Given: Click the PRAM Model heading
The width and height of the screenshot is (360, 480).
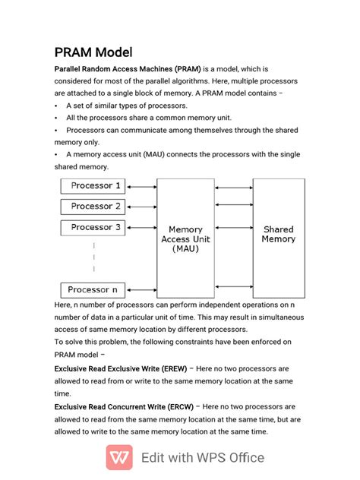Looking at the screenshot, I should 93,52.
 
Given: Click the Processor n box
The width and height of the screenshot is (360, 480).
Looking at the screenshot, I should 93,290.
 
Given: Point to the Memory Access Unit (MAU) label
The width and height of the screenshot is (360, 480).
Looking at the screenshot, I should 185,238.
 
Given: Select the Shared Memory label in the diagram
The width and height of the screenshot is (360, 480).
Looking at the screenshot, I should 278,234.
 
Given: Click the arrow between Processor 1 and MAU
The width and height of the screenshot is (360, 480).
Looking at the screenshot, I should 141,186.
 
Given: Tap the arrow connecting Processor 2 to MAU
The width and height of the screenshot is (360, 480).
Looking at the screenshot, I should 141,207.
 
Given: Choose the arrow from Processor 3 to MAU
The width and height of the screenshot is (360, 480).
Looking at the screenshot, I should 141,227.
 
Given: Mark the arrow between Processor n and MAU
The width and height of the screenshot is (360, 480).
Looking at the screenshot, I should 141,290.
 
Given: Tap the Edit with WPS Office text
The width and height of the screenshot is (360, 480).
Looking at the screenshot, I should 203,457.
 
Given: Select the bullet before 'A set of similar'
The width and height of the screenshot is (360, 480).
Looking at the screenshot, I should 57,106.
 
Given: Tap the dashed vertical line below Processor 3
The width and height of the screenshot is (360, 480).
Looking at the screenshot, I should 94,257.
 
